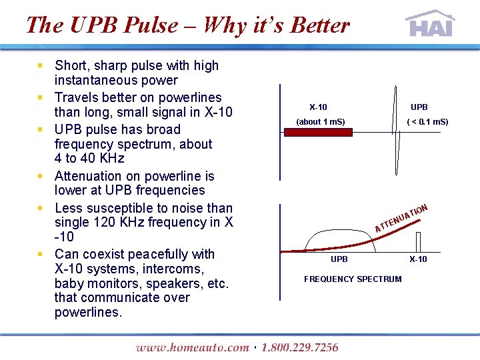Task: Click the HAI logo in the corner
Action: point(430,24)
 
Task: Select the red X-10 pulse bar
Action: point(319,133)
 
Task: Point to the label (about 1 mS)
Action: point(321,122)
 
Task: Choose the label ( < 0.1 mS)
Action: point(427,122)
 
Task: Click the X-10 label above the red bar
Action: point(318,107)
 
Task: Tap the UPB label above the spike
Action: point(419,107)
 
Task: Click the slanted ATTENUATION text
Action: point(401,218)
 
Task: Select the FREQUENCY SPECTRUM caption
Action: point(353,279)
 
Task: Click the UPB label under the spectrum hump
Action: point(339,259)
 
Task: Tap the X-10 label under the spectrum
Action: point(418,259)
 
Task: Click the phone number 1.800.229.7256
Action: point(299,347)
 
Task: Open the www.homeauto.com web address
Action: point(192,347)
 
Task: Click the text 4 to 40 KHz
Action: point(89,159)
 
